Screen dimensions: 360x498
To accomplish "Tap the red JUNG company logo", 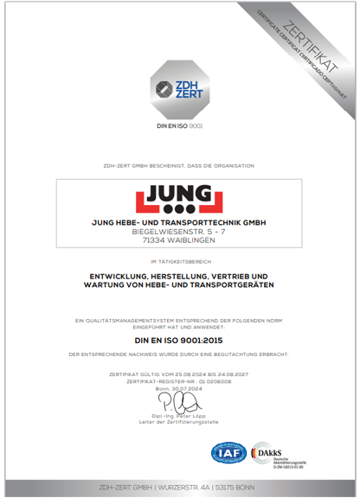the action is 178,197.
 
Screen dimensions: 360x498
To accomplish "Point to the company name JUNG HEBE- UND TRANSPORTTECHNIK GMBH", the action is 178,223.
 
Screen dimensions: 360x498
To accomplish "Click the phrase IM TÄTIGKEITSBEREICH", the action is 178,261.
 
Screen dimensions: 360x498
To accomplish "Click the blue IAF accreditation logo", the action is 228,453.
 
